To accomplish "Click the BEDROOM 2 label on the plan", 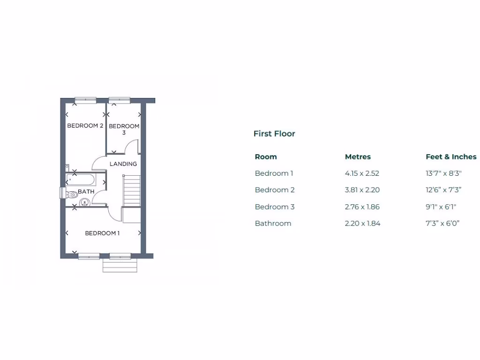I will point(85,126).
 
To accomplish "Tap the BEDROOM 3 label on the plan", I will point(124,129).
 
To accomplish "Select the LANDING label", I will point(123,164).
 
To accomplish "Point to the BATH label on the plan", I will point(86,191).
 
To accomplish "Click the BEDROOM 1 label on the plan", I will point(102,233).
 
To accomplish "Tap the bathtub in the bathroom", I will point(81,180).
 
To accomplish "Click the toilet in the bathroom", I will point(71,194).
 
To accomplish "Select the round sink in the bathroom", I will point(84,202).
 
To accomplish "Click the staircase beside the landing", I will point(132,190).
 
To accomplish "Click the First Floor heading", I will point(274,134).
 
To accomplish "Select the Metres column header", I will point(358,157).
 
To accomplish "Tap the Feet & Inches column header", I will point(451,157).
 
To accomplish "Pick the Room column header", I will point(266,157).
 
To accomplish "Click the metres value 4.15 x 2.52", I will point(362,173).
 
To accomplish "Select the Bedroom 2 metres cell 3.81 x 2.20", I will point(362,190).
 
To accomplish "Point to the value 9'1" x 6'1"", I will point(441,207).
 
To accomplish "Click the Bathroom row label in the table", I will point(273,224).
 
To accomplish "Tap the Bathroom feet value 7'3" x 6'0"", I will point(442,224).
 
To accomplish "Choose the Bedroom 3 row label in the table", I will point(275,207).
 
